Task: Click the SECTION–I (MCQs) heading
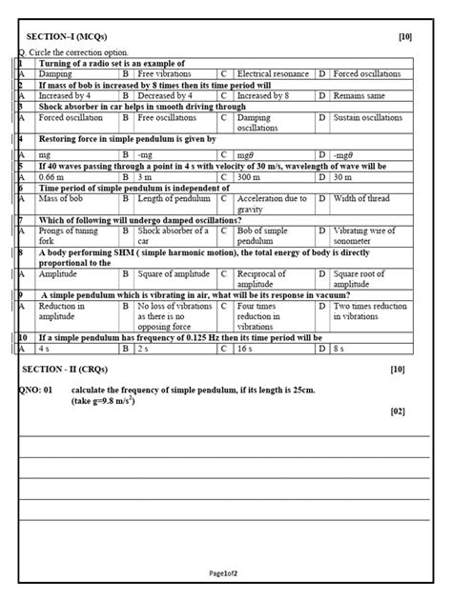pos(66,36)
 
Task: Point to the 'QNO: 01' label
pos(37,391)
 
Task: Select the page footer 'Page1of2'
pos(225,573)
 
